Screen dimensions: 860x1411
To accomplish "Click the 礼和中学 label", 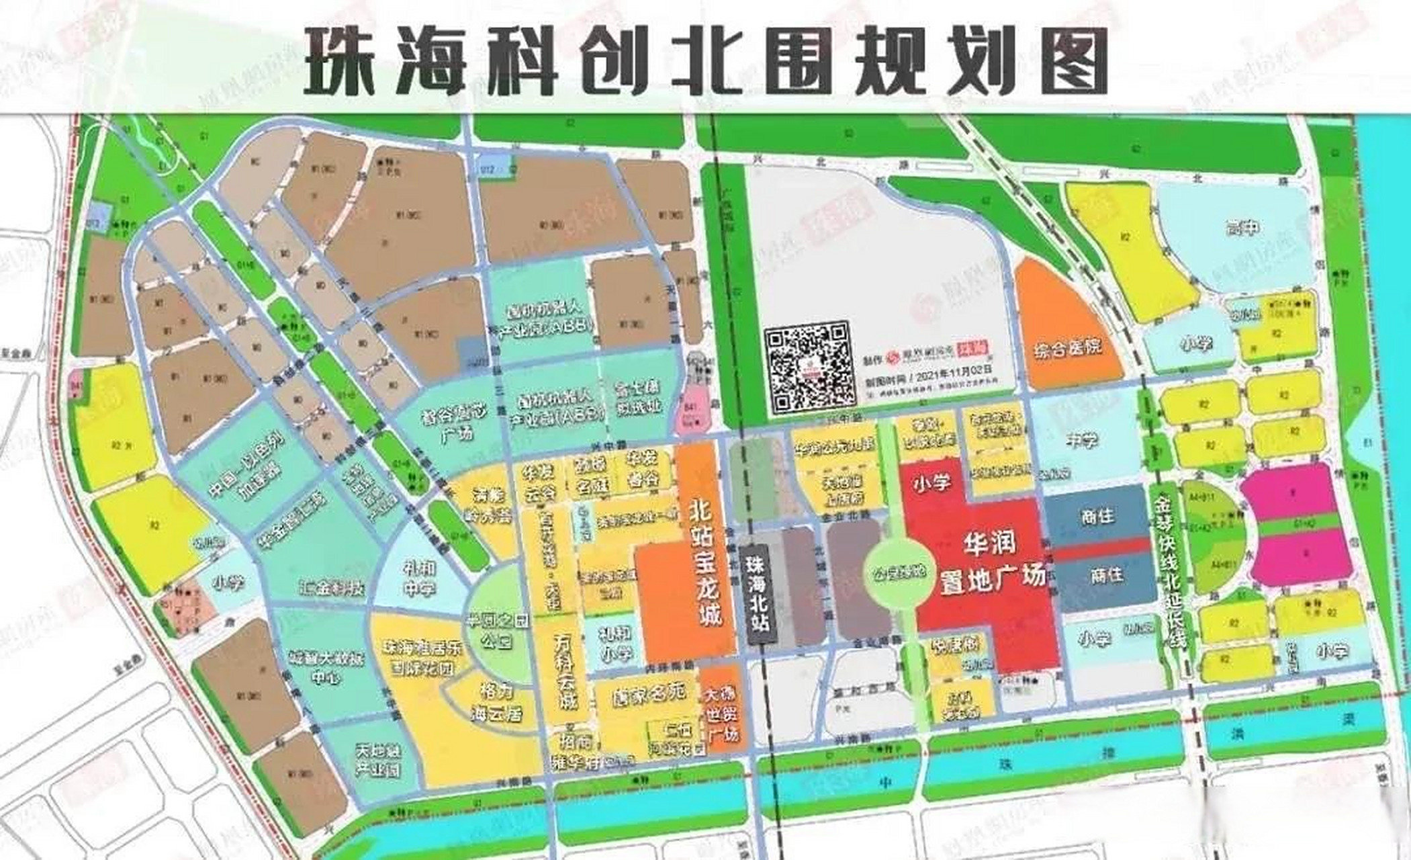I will point(419,579).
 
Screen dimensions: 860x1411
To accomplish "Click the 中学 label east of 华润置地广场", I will point(1081,441).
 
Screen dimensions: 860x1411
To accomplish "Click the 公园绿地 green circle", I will point(899,572).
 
